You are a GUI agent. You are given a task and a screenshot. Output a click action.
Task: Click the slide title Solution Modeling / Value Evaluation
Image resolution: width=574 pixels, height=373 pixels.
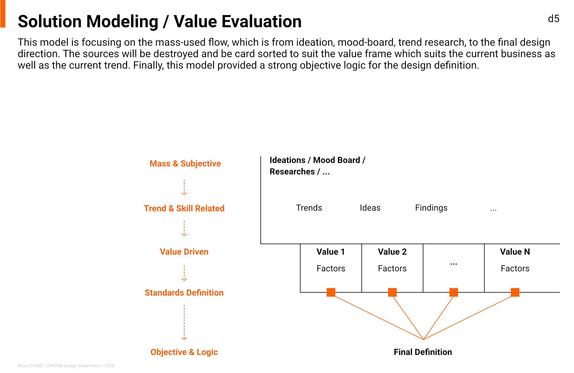pyautogui.click(x=159, y=22)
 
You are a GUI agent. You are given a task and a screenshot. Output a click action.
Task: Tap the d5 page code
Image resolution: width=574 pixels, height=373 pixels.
pyautogui.click(x=554, y=19)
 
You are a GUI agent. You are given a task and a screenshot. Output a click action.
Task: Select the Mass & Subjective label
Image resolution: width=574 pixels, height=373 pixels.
pyautogui.click(x=185, y=163)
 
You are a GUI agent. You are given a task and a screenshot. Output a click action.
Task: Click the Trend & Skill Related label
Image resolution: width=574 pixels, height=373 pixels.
pyautogui.click(x=184, y=208)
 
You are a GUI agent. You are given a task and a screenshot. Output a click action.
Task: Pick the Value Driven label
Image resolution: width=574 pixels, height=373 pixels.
pyautogui.click(x=184, y=252)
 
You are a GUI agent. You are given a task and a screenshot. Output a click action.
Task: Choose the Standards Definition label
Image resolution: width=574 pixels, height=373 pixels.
pyautogui.click(x=184, y=292)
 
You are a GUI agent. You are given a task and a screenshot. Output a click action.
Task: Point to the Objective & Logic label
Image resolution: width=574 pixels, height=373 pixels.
pyautogui.click(x=184, y=352)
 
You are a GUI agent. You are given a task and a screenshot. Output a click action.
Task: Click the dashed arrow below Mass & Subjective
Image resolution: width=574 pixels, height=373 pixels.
pyautogui.click(x=184, y=187)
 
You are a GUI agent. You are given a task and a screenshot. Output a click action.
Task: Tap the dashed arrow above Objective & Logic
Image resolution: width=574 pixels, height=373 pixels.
pyautogui.click(x=184, y=323)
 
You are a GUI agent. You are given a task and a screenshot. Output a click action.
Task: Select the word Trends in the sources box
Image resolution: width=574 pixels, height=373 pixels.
pyautogui.click(x=309, y=208)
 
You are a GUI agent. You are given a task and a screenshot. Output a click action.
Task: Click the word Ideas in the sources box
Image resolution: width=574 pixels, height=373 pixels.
pyautogui.click(x=370, y=208)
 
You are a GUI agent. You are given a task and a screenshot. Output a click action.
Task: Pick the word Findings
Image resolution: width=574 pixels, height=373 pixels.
pyautogui.click(x=431, y=208)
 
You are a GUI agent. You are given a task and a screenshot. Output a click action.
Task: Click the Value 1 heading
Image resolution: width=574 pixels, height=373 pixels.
pyautogui.click(x=330, y=252)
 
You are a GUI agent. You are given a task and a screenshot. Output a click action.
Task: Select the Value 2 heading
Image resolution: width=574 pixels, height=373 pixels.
pyautogui.click(x=392, y=252)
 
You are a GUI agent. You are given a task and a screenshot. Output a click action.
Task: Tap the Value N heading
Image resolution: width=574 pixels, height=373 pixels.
pyautogui.click(x=515, y=252)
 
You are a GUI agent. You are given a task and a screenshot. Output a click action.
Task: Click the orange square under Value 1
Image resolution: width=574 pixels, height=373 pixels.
pyautogui.click(x=331, y=292)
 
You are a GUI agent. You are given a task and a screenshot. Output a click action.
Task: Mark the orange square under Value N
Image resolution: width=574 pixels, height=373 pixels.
pyautogui.click(x=515, y=292)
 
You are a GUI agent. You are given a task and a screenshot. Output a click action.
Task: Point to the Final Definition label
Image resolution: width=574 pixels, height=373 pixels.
pyautogui.click(x=423, y=352)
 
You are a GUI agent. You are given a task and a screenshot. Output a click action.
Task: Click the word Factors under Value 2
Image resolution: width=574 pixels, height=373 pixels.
pyautogui.click(x=392, y=268)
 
